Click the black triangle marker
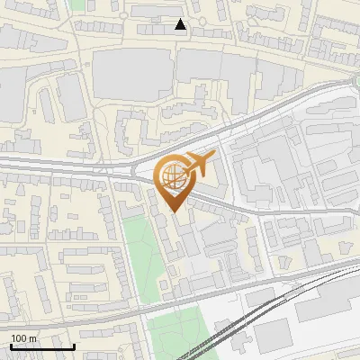tap(181, 24)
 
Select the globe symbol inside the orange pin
tap(175, 176)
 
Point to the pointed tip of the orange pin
tap(175, 211)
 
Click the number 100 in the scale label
tap(18, 338)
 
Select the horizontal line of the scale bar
tap(40, 346)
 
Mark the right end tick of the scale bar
tap(74, 345)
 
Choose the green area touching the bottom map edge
tap(175, 337)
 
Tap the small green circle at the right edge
tap(357, 83)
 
